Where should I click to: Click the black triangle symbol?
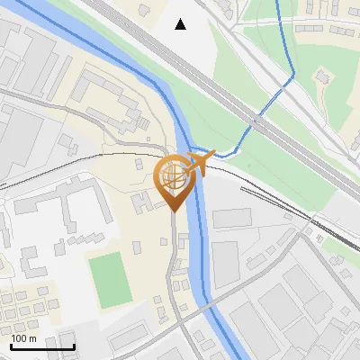click(x=181, y=24)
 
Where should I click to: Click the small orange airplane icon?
click(x=202, y=163)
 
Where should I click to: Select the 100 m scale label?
click(x=23, y=337)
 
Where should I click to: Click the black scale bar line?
click(x=42, y=346)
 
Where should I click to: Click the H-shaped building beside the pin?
click(x=143, y=202)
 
